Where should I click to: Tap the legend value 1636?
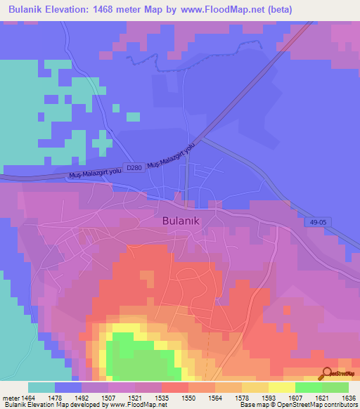click(x=346, y=396)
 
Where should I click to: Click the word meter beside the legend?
click(x=11, y=396)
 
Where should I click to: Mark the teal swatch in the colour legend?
click(x=41, y=387)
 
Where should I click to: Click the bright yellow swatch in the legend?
click(x=281, y=387)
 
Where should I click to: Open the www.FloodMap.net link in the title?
click(x=221, y=9)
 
